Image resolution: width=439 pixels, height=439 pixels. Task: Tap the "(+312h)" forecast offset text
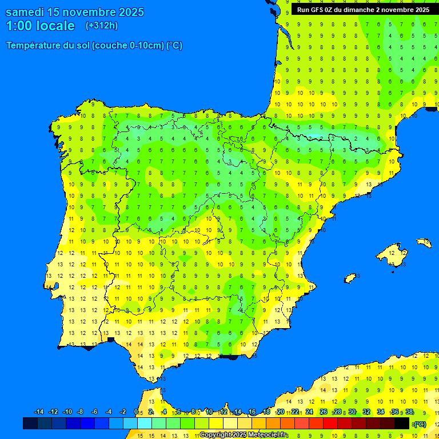tap(101, 26)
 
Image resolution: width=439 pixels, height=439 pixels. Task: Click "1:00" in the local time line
tap(19, 26)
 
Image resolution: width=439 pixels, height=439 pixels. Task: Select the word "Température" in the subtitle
tap(34, 45)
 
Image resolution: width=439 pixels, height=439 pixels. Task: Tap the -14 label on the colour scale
tap(39, 412)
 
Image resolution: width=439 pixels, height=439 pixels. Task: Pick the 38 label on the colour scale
tap(409, 412)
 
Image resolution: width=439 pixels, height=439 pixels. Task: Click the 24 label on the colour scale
tap(309, 412)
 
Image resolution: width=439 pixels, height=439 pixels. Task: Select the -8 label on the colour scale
tap(81, 412)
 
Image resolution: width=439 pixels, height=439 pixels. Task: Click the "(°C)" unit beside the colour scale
tap(420, 424)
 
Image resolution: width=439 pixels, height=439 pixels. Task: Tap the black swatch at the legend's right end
tap(402, 423)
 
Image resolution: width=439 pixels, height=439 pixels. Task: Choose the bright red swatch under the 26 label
tap(330, 423)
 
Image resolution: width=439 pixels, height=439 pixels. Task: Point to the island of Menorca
tap(424, 242)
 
